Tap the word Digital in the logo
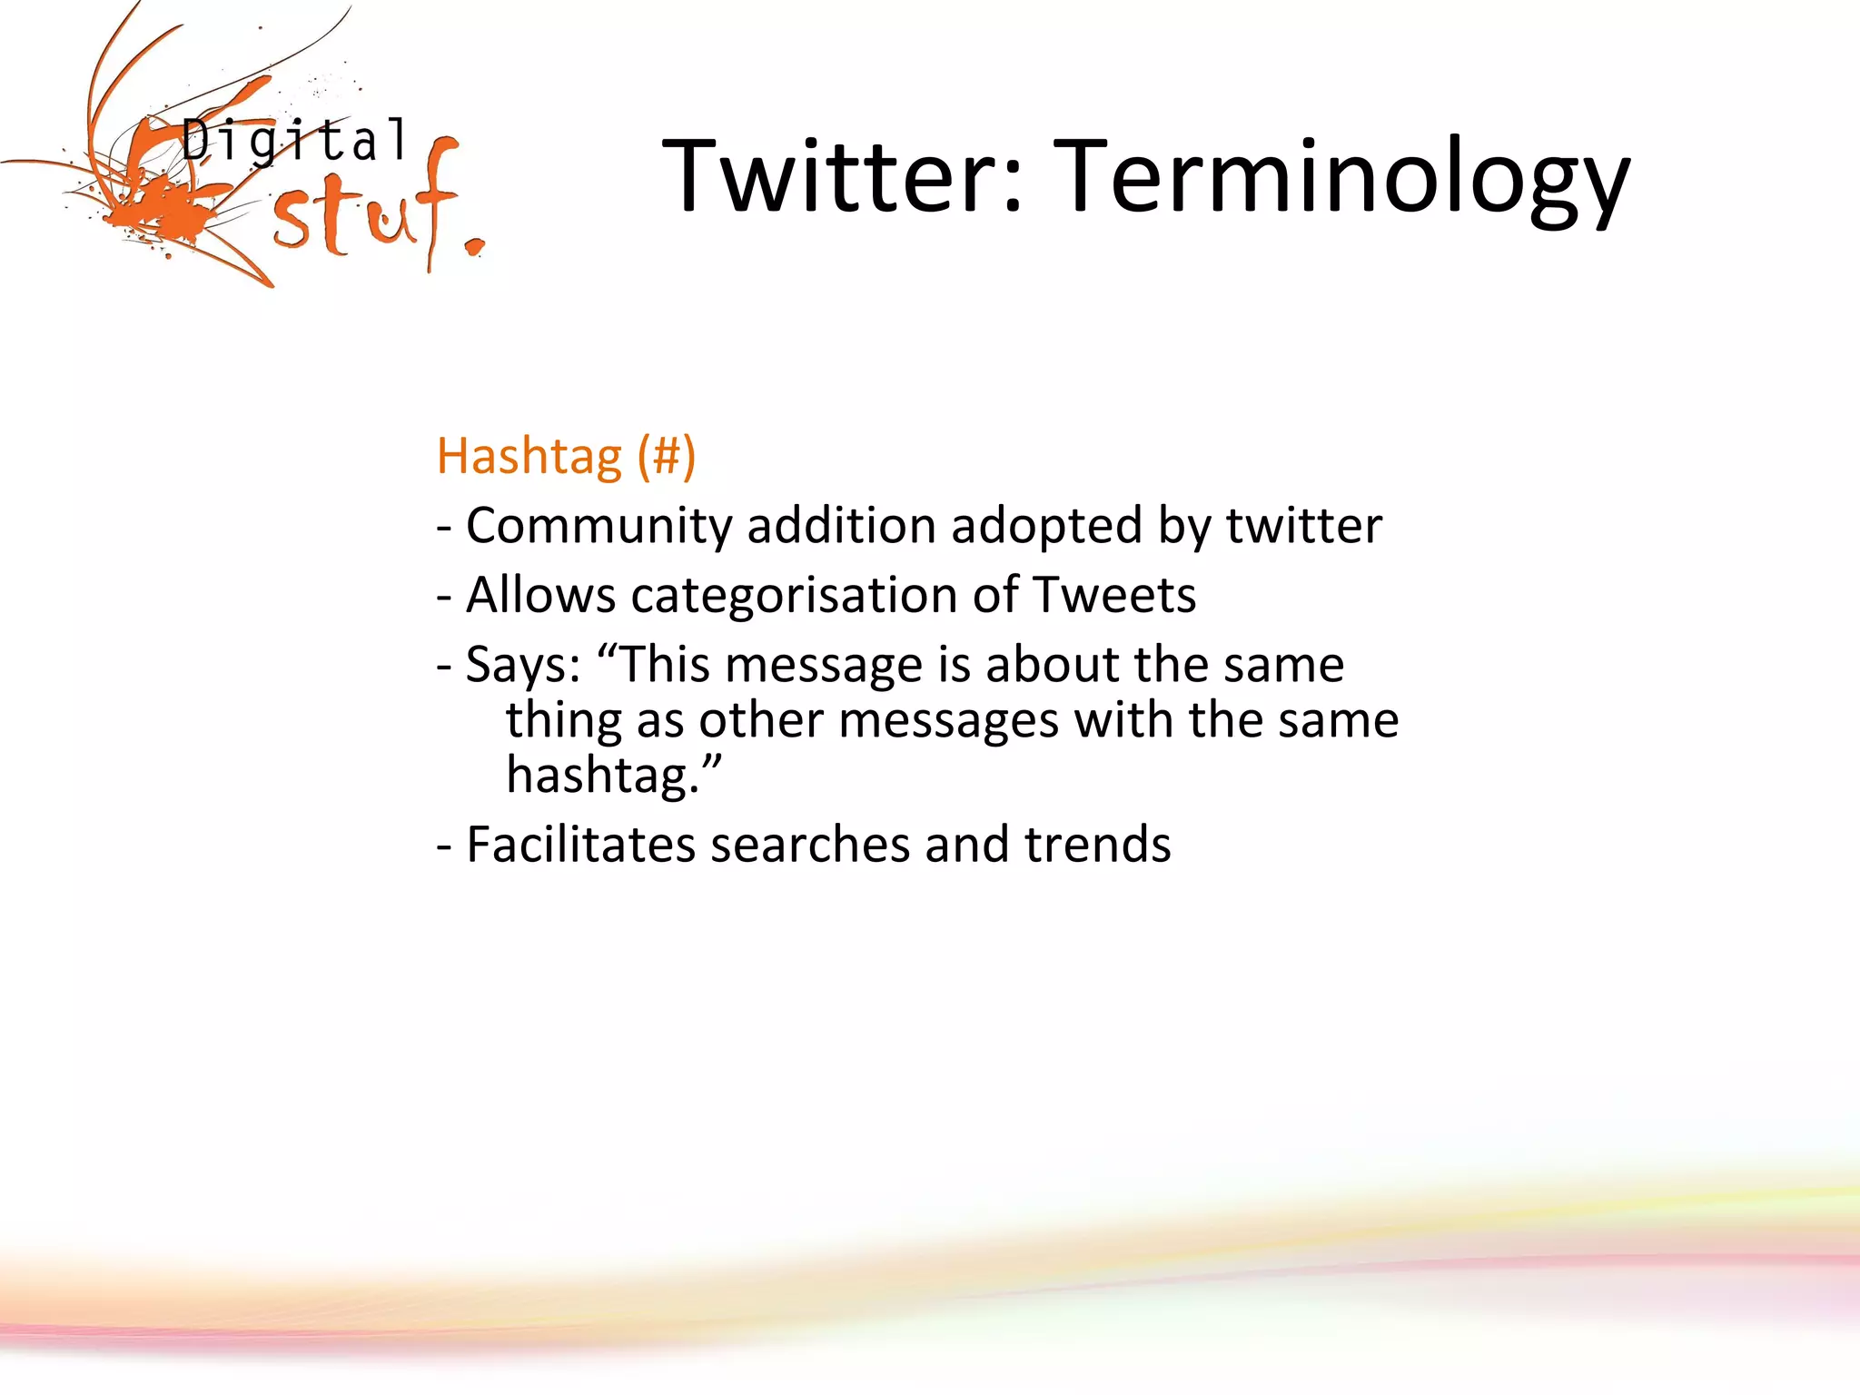pyautogui.click(x=294, y=142)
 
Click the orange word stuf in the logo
pyautogui.click(x=363, y=213)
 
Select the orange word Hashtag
pyautogui.click(x=529, y=456)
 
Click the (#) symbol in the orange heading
pyautogui.click(x=666, y=456)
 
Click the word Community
pyautogui.click(x=599, y=526)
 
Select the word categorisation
pyautogui.click(x=794, y=596)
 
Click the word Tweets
pyautogui.click(x=1114, y=596)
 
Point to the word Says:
pyautogui.click(x=522, y=666)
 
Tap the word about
pyautogui.click(x=1052, y=664)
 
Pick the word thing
pyautogui.click(x=563, y=722)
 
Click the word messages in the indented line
pyautogui.click(x=948, y=722)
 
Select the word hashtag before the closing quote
pyautogui.click(x=599, y=777)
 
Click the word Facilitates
pyautogui.click(x=580, y=845)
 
